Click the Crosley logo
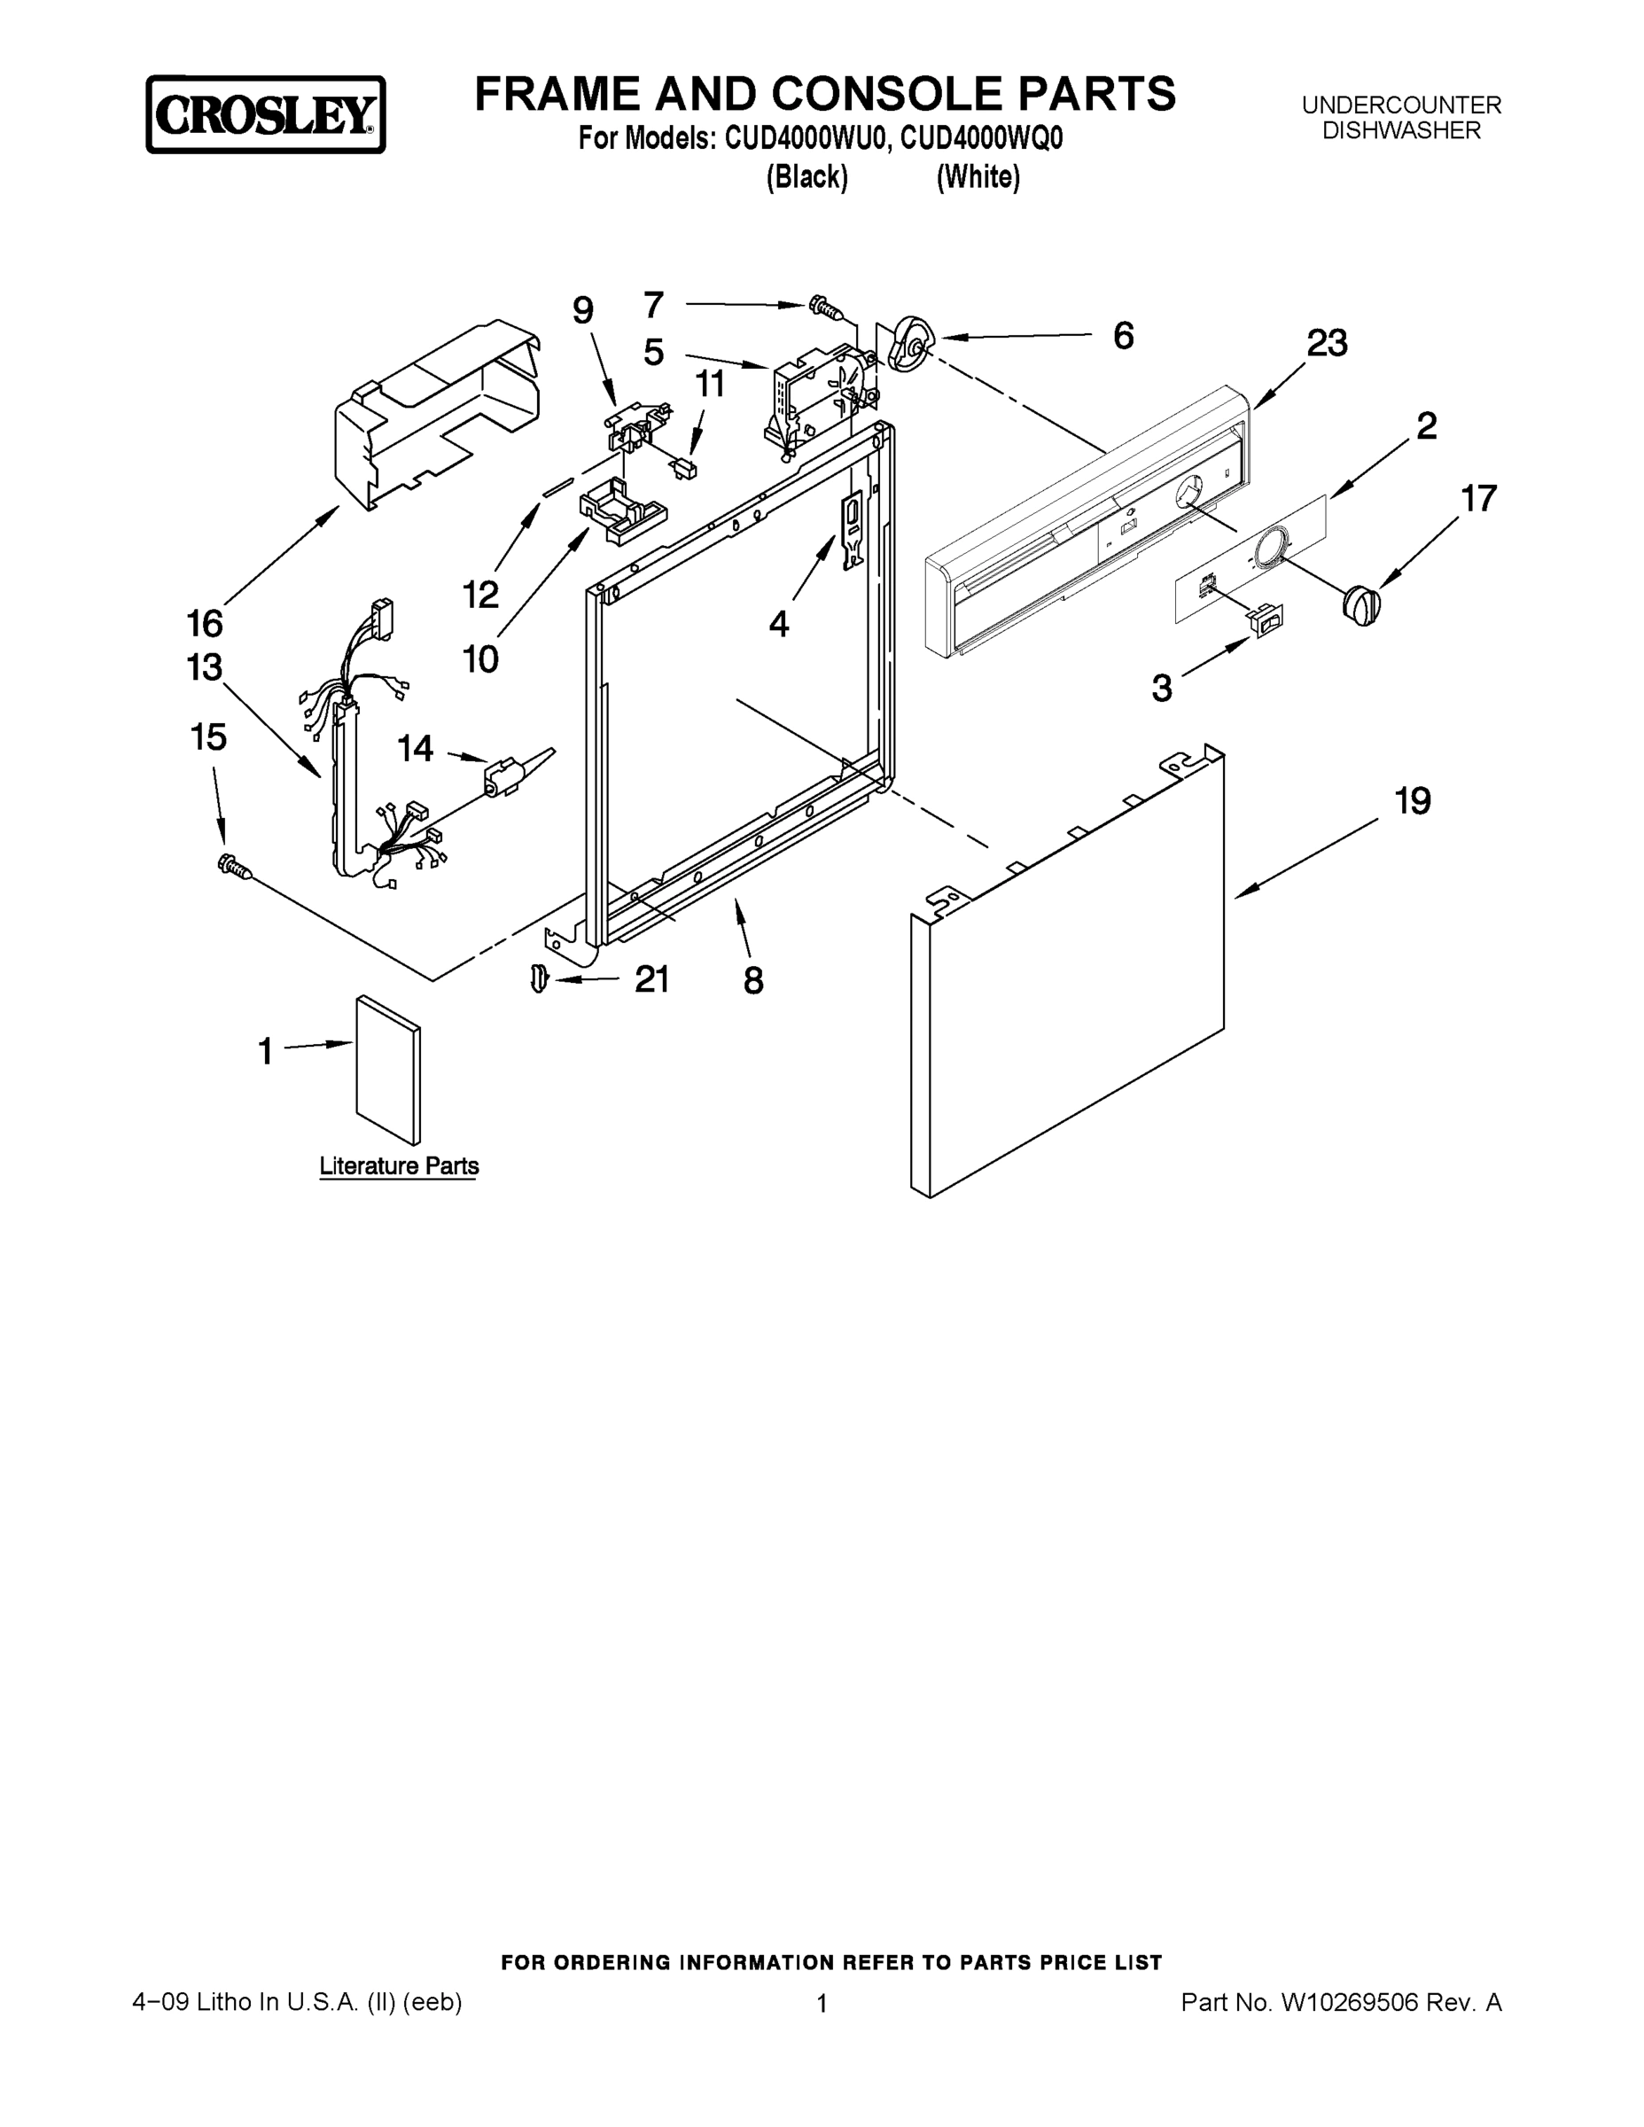click(265, 115)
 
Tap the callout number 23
click(1327, 344)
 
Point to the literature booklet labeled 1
click(388, 1068)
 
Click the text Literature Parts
click(398, 1165)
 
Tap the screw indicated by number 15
click(235, 866)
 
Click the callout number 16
click(205, 622)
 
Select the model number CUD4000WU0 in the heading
click(803, 139)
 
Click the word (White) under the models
click(978, 177)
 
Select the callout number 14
click(415, 748)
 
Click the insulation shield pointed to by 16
click(439, 409)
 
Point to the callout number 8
click(752, 981)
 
